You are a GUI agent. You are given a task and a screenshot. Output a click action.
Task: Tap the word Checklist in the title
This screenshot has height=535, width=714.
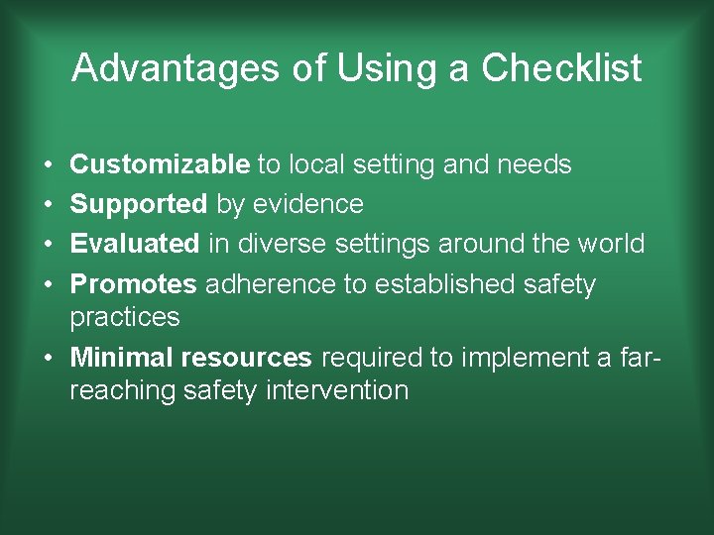561,68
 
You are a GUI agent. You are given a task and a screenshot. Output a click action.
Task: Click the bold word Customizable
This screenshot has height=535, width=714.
160,164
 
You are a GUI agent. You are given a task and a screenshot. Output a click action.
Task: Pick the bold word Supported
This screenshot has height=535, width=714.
139,205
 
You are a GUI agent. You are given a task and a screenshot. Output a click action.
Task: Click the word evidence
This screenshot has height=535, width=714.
308,205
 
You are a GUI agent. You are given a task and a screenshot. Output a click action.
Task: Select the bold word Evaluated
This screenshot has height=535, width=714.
135,244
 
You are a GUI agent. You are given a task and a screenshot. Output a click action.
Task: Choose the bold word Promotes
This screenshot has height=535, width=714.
134,284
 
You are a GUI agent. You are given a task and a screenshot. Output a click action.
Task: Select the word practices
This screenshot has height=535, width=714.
125,318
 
